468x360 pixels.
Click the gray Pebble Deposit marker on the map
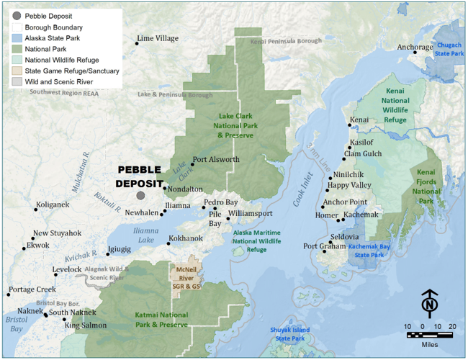pyautogui.click(x=140, y=195)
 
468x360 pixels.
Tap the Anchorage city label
pyautogui.click(x=415, y=48)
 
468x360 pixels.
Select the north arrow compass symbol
pyautogui.click(x=429, y=305)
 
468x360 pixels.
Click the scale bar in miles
pyautogui.click(x=429, y=335)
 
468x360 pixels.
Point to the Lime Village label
pyautogui.click(x=158, y=38)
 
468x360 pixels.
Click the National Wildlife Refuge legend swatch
pyautogui.click(x=16, y=60)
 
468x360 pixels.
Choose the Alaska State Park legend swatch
pyautogui.click(x=16, y=37)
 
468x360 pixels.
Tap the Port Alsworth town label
pyautogui.click(x=215, y=160)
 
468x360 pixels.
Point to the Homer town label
pyautogui.click(x=326, y=215)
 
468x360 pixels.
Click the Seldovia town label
pyautogui.click(x=343, y=237)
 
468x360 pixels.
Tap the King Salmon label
pyautogui.click(x=86, y=325)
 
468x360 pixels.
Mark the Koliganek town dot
pyautogui.click(x=36, y=210)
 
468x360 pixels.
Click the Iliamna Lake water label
pyautogui.click(x=145, y=235)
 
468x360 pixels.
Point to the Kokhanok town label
pyautogui.click(x=185, y=238)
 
